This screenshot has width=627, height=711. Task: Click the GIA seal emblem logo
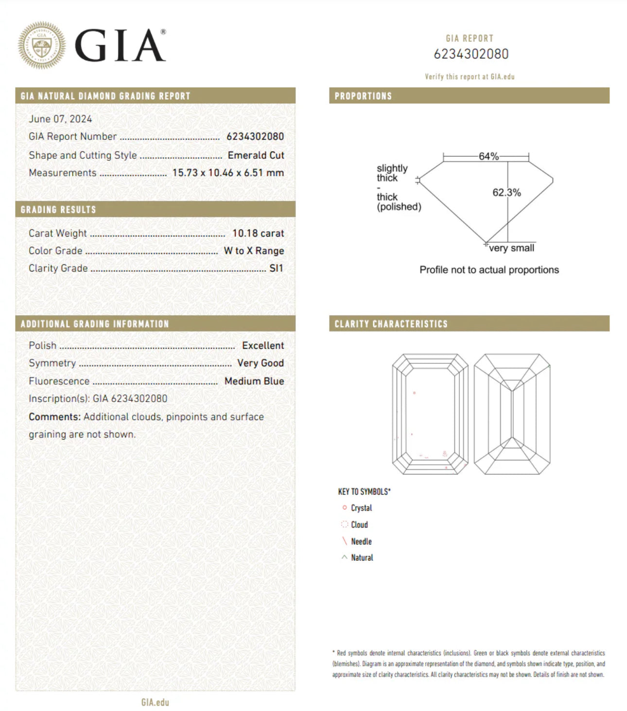point(42,45)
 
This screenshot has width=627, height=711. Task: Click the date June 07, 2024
point(60,119)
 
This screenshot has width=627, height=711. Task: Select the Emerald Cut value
point(256,155)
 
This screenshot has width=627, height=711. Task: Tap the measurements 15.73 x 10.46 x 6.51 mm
point(228,173)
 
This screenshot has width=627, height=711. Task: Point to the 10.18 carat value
point(258,233)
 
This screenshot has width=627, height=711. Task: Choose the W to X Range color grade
point(254,251)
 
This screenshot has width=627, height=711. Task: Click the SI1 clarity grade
point(276,268)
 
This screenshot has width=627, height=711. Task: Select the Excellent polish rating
point(263,345)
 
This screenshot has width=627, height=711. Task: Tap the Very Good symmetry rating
point(261,363)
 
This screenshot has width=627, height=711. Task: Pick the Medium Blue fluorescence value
point(254,381)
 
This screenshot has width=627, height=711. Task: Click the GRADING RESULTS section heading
point(58,210)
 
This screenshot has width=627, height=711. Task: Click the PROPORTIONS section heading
point(363,96)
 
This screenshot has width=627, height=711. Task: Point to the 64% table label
point(488,156)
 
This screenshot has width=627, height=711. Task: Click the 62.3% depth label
point(506,192)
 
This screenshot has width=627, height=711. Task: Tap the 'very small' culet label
point(511,248)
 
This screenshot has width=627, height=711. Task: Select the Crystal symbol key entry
point(361,508)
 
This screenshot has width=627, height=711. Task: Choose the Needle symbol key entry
point(361,542)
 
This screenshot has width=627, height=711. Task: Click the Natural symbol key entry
point(362,558)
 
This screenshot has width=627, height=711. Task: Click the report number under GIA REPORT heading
point(471,54)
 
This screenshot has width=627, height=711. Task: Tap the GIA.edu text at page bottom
point(155,702)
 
